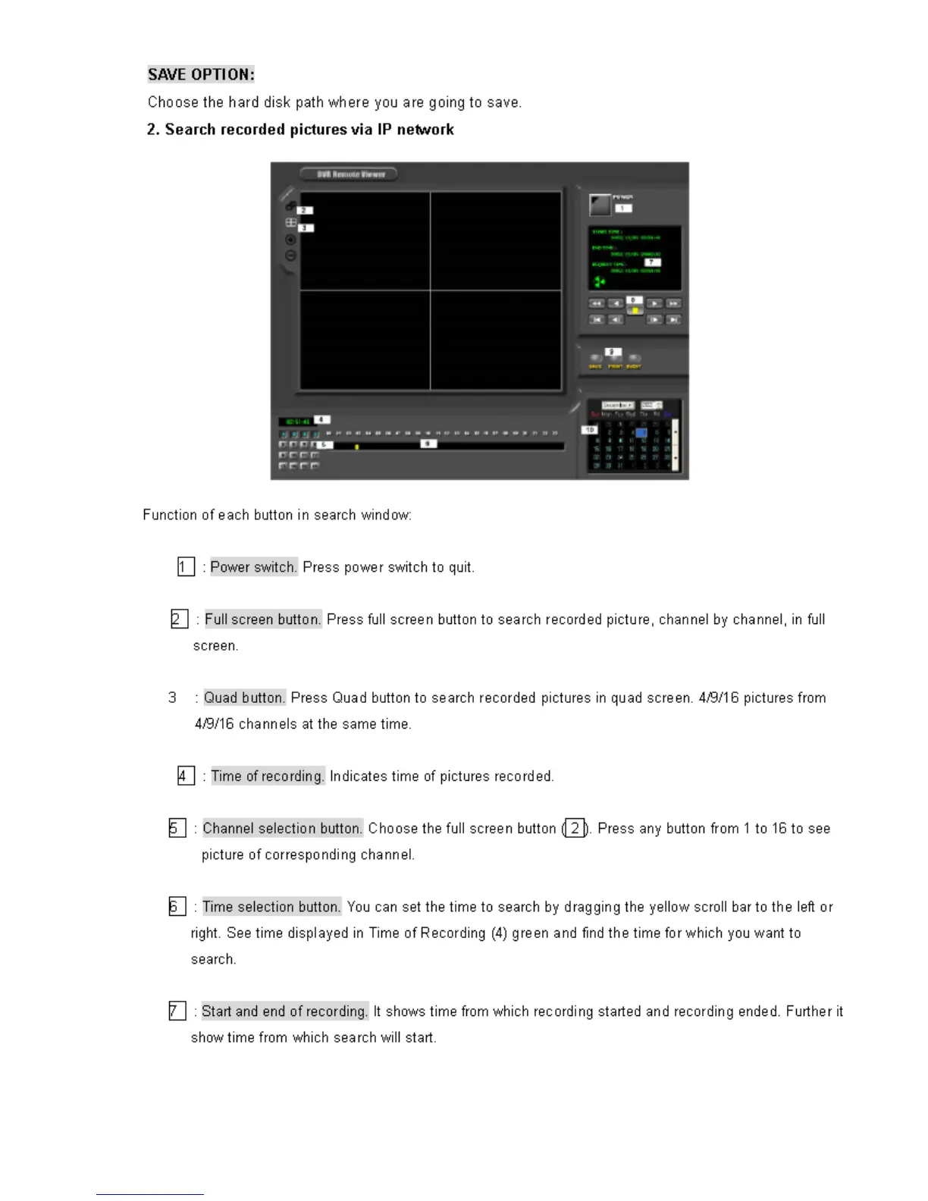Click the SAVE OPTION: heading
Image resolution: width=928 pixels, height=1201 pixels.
point(201,74)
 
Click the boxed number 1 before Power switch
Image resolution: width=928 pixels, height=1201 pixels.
point(186,566)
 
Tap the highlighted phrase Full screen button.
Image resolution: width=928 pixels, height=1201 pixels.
point(262,619)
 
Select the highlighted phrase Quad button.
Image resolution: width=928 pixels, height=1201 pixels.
point(244,698)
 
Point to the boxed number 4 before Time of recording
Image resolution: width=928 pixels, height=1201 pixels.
point(186,776)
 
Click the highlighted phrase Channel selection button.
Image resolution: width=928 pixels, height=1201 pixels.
point(282,828)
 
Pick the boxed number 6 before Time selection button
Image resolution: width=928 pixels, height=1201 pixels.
point(177,906)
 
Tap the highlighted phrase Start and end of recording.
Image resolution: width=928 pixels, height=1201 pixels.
point(284,1011)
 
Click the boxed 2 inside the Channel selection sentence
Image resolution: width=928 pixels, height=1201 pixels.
point(575,828)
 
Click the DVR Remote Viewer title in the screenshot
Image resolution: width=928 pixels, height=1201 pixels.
point(350,174)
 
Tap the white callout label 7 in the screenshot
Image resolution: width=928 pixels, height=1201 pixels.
point(652,262)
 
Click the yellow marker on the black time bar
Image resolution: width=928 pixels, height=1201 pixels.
point(356,447)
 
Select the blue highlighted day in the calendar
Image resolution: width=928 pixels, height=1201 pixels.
point(641,432)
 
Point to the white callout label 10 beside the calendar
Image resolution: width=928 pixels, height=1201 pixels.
point(589,430)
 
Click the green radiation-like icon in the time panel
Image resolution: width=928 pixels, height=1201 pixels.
point(599,282)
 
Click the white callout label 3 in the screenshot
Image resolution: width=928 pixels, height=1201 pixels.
point(306,227)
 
